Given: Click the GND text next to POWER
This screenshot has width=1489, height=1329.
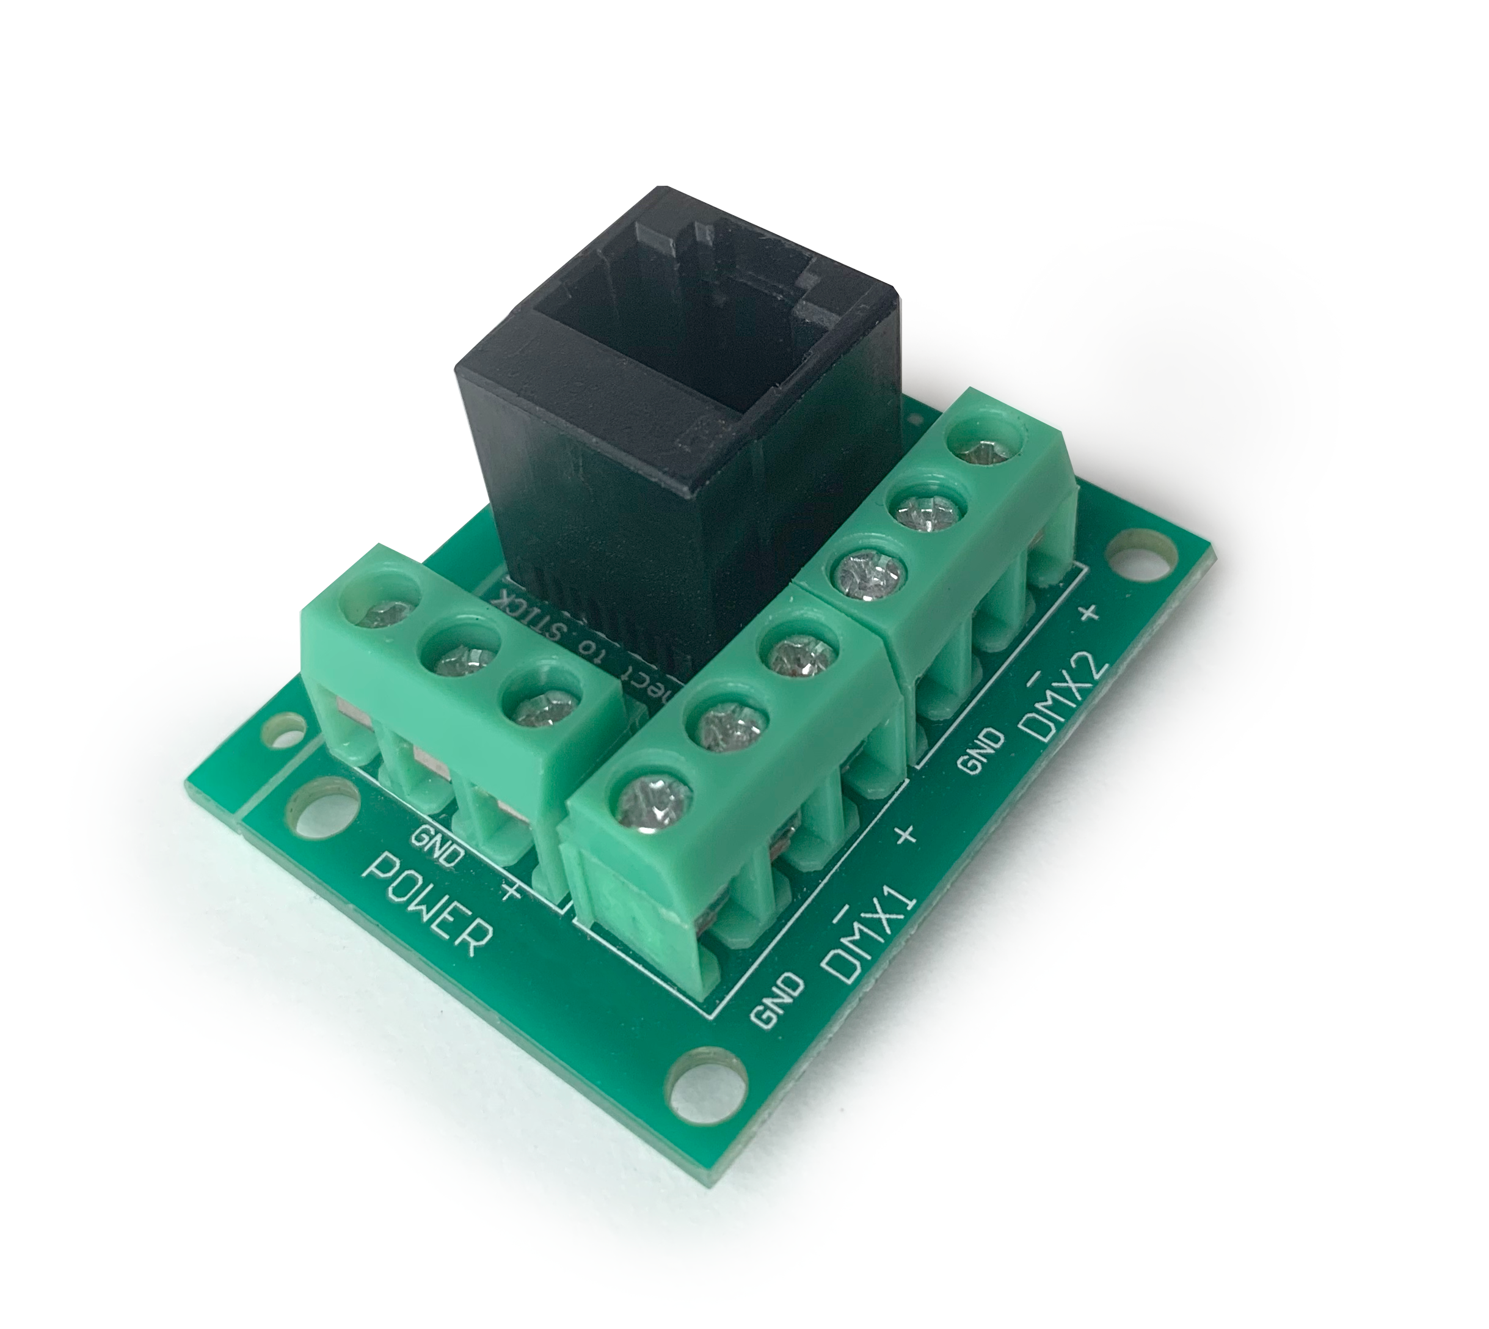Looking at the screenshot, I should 437,846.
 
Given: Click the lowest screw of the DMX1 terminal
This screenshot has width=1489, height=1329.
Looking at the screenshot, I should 652,802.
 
